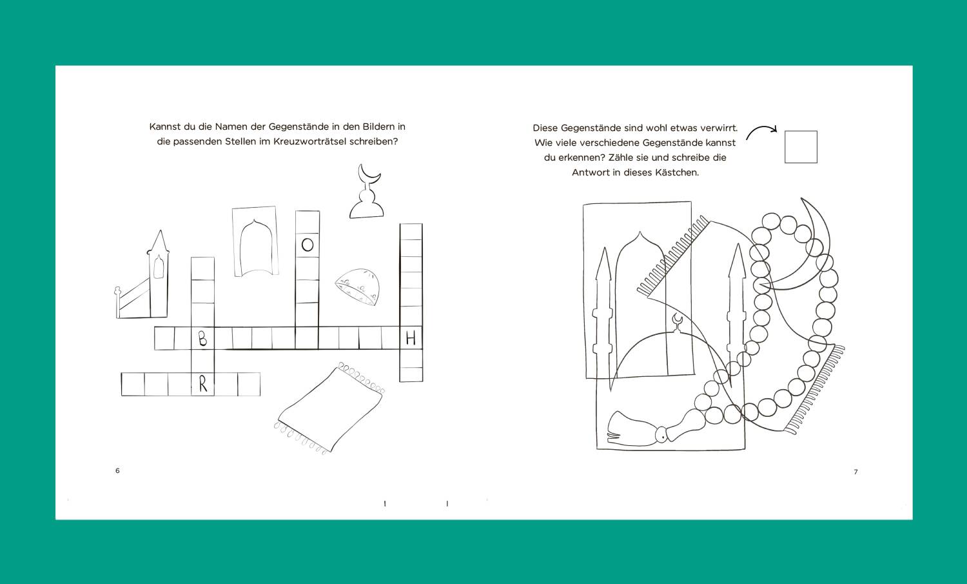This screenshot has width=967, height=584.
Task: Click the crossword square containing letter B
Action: point(202,339)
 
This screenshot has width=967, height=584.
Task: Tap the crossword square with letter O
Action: point(308,245)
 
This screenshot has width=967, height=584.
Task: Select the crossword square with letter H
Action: point(411,337)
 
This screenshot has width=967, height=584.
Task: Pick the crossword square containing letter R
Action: point(202,384)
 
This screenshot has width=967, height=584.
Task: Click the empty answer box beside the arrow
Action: point(801,147)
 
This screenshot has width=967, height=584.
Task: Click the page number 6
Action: point(117,470)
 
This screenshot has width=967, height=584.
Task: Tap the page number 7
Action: point(855,472)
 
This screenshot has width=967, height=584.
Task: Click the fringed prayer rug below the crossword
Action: point(329,408)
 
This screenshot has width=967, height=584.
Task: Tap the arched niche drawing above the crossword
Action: point(255,241)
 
